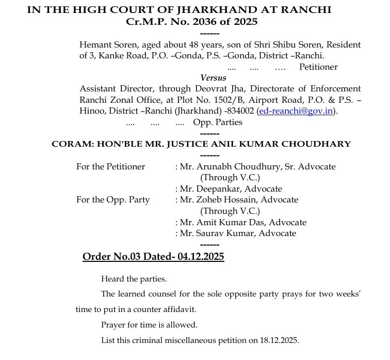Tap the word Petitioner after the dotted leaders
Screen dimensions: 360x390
318,67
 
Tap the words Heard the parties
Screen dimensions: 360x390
134,279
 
